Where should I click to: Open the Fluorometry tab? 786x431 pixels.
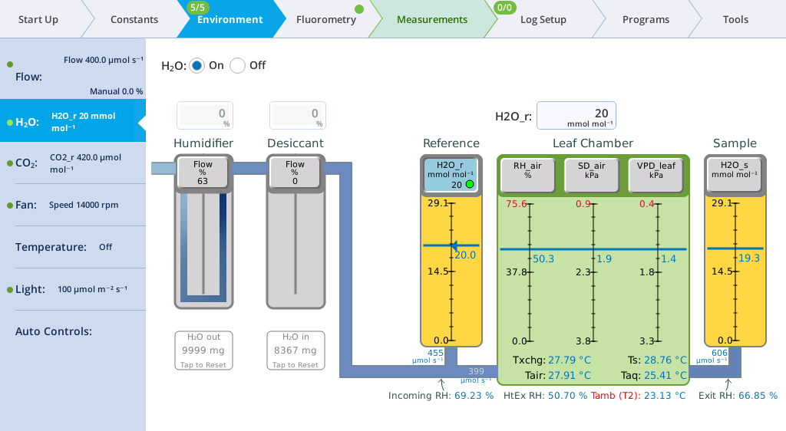325,19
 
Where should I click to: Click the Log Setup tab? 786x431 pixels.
543,19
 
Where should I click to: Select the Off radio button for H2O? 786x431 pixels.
238,66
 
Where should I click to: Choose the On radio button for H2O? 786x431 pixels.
197,66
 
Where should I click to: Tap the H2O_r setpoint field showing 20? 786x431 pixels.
576,116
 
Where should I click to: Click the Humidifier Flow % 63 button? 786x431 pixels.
203,173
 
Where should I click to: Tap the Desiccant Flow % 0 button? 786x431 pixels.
295,173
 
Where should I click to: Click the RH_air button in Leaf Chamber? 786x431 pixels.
528,174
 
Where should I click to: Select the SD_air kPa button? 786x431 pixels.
592,174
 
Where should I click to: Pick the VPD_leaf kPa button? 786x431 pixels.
656,174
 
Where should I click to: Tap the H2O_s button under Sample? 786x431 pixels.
735,174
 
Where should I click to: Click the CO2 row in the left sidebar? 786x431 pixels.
73,163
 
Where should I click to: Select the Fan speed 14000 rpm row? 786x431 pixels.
73,205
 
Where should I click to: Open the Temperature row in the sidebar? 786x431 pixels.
73,247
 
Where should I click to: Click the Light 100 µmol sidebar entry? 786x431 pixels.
73,289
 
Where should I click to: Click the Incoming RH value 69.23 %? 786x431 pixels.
474,396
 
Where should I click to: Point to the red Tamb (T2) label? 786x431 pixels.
614,396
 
